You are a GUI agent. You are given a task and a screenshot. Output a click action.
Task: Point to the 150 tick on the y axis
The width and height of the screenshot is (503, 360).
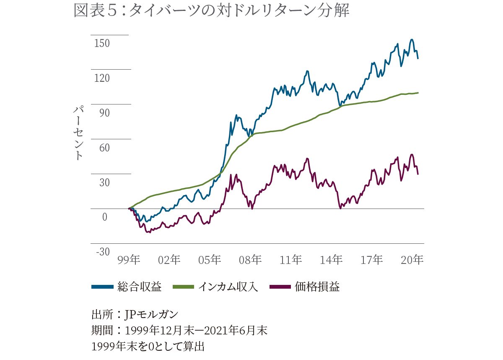pos(101,43)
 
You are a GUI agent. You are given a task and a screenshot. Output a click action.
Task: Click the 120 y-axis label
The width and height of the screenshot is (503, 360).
pos(101,78)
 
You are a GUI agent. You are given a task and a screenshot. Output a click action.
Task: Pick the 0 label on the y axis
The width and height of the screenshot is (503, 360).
pos(105,217)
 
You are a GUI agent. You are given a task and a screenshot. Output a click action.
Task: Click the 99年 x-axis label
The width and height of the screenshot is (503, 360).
pos(129,260)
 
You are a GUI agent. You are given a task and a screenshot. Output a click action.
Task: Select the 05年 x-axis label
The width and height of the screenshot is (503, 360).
pos(210,260)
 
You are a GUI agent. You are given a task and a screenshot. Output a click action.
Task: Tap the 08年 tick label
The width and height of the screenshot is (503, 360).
pos(251,260)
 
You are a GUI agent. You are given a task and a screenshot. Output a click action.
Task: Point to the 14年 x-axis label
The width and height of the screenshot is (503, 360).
pos(331,260)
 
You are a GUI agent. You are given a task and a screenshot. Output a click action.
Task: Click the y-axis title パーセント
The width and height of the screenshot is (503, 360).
pos(78,133)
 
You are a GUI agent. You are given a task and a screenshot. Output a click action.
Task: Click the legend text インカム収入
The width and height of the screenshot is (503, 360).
pos(228,287)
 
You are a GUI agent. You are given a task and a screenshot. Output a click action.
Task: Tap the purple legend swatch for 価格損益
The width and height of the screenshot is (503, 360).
pos(280,287)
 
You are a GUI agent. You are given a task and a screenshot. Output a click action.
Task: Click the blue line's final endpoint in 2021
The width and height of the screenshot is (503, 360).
pos(418,58)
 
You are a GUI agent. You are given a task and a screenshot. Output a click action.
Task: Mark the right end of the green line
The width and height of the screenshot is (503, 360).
pos(418,92)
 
